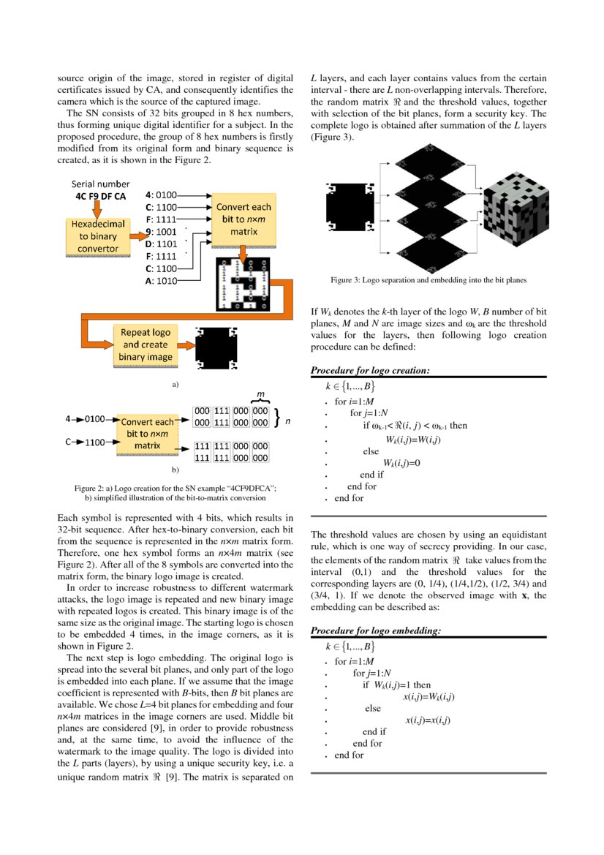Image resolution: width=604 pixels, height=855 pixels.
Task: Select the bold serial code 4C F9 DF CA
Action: (x=100, y=197)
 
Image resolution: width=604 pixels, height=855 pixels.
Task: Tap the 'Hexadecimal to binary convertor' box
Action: (x=97, y=236)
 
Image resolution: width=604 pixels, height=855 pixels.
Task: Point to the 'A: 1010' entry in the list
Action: (x=161, y=281)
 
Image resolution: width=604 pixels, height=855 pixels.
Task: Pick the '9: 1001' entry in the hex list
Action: (x=161, y=232)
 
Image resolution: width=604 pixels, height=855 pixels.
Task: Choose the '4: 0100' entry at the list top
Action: (x=161, y=195)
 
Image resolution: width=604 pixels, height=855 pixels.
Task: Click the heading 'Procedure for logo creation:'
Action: (x=369, y=371)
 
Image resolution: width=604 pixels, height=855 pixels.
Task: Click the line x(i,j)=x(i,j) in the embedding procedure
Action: (x=428, y=720)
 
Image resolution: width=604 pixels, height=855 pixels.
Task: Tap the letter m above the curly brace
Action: (x=260, y=394)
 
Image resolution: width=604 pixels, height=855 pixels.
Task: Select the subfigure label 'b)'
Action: (x=175, y=469)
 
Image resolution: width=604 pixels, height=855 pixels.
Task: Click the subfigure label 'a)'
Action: (x=175, y=383)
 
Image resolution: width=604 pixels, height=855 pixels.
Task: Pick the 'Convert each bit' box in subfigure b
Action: (x=147, y=433)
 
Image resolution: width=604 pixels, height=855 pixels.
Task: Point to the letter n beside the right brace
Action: (x=287, y=421)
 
